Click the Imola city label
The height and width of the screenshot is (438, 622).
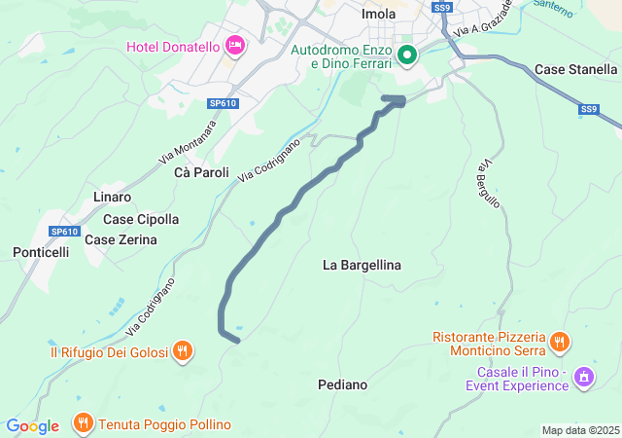pos(378,14)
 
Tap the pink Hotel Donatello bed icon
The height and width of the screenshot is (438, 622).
pos(234,45)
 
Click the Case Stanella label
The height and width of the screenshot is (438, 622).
pos(575,69)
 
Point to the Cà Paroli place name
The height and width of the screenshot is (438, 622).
pos(201,172)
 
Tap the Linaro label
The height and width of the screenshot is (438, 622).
pos(112,197)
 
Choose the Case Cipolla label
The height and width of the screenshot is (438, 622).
pos(141,219)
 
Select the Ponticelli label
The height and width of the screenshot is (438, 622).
pos(41,252)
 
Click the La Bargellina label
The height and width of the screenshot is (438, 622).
pos(362,265)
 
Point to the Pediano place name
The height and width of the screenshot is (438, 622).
pos(343,384)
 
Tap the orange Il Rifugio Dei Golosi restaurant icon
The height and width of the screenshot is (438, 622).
pos(182,350)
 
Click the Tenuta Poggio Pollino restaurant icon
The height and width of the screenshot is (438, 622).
pos(81,424)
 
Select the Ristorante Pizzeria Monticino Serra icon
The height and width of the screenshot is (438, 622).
pos(558,342)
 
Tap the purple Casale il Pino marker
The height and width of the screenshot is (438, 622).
pos(583,377)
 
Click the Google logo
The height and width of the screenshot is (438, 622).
pos(33,426)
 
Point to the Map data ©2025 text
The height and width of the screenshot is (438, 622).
pos(580,430)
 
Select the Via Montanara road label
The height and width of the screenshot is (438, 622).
pos(189,141)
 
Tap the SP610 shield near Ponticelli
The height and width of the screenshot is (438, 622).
pos(64,231)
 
